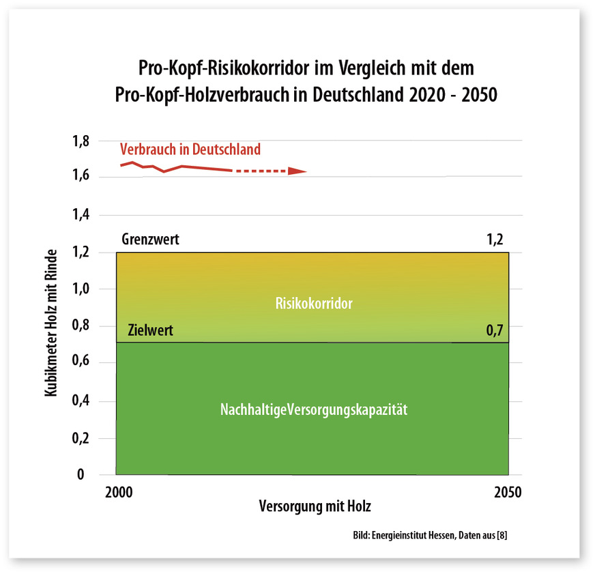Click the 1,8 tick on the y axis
[x=81, y=142]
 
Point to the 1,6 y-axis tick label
[x=81, y=177]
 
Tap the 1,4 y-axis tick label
[x=81, y=215]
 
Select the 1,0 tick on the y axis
[x=81, y=289]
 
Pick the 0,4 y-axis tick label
[x=81, y=401]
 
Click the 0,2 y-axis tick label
[x=81, y=438]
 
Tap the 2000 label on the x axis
[x=123, y=492]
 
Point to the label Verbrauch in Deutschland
[x=190, y=149]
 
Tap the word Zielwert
[x=150, y=332]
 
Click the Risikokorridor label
[x=315, y=304]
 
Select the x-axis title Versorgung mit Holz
[x=315, y=507]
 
